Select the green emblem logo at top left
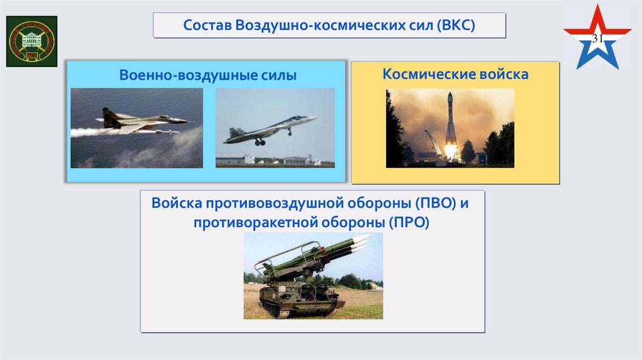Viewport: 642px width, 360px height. pos(31,41)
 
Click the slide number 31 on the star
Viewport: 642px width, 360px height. pos(597,40)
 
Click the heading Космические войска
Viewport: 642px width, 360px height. pos(455,75)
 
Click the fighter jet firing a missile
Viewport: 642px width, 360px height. pos(142,120)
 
